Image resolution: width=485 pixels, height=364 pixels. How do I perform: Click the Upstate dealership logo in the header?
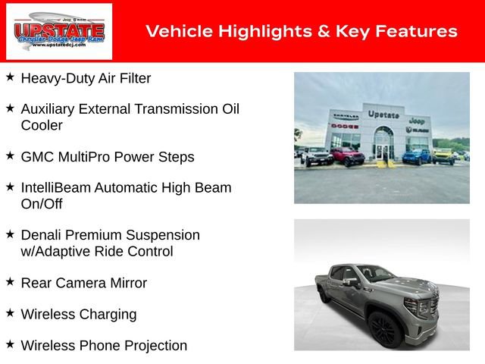pyautogui.click(x=59, y=31)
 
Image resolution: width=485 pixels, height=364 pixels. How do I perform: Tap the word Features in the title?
pyautogui.click(x=418, y=31)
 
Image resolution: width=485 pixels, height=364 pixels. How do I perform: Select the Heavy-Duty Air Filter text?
pyautogui.click(x=86, y=78)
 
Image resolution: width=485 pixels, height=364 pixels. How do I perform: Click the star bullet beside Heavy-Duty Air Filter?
pyautogui.click(x=10, y=77)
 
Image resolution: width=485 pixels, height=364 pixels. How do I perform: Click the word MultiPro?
pyautogui.click(x=86, y=157)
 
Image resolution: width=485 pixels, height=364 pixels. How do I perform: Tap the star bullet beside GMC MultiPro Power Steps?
pyautogui.click(x=10, y=155)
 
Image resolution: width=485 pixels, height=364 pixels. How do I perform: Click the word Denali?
pyautogui.click(x=42, y=235)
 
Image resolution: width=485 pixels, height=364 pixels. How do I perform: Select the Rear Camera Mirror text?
pyautogui.click(x=83, y=283)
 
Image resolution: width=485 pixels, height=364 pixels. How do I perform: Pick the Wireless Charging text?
pyautogui.click(x=79, y=314)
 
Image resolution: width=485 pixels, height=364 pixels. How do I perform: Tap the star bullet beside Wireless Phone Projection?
pyautogui.click(x=10, y=344)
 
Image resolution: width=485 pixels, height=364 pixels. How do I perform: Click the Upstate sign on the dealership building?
pyautogui.click(x=383, y=114)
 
